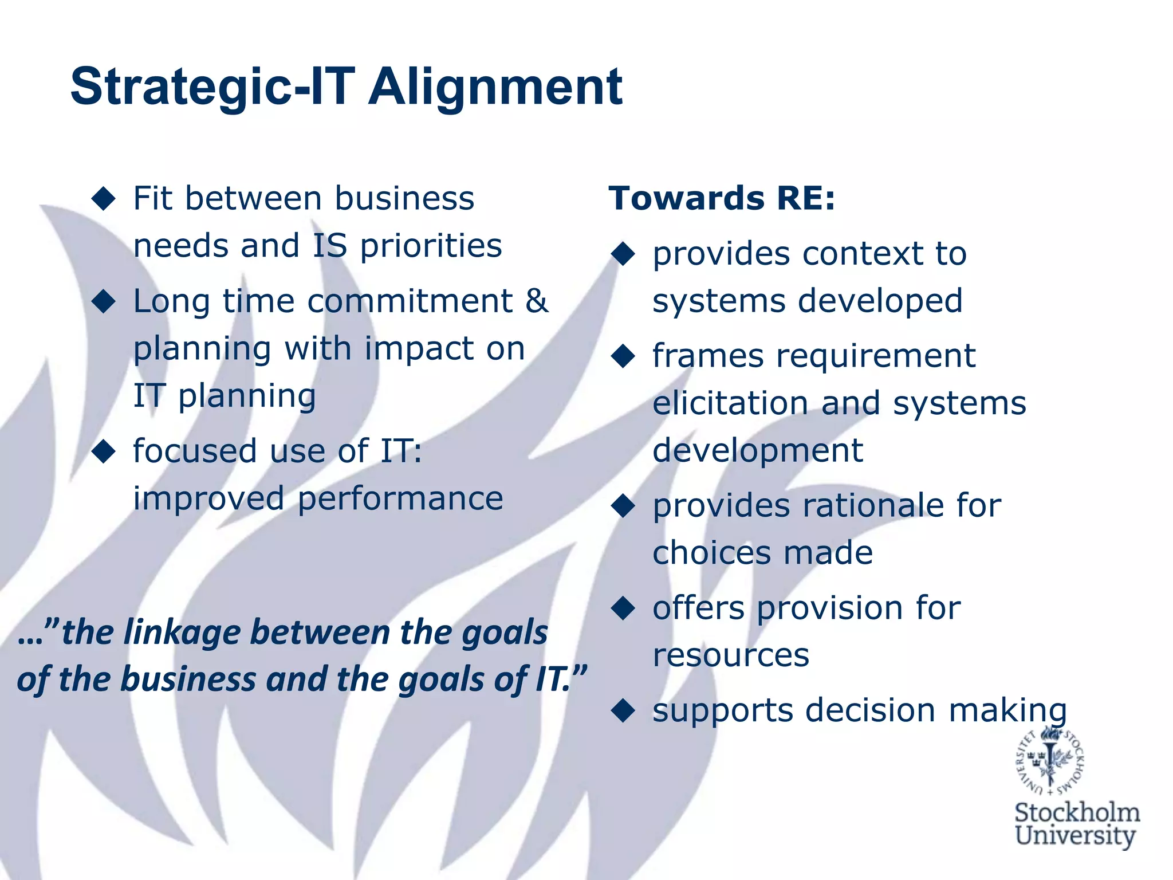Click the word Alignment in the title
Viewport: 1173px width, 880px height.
click(495, 87)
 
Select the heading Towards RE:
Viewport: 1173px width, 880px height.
click(722, 198)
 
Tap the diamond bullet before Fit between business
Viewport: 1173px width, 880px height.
click(104, 198)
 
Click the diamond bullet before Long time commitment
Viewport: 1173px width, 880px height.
click(104, 301)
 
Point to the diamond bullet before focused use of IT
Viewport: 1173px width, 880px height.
click(104, 451)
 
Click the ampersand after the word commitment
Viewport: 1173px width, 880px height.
click(537, 301)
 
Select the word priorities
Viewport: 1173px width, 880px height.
click(431, 246)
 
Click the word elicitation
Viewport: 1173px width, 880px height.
click(730, 403)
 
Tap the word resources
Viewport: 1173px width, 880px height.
click(731, 654)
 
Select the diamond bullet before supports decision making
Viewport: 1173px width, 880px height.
click(623, 710)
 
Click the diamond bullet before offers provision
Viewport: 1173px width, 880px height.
click(623, 608)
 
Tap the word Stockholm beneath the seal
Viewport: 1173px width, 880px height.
click(1077, 812)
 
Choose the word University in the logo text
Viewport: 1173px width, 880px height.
click(1075, 835)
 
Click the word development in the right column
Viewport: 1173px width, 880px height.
click(757, 450)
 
